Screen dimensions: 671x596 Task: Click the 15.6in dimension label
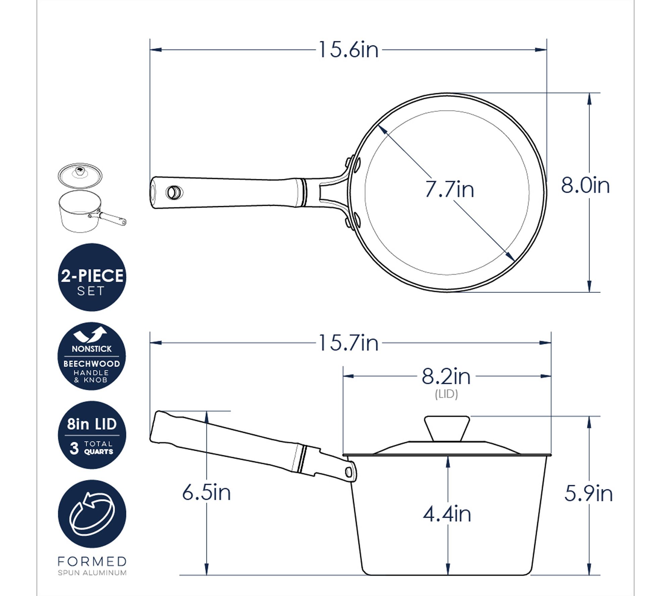click(x=348, y=50)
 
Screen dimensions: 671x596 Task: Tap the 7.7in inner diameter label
click(x=450, y=189)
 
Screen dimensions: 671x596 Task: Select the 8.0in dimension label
click(x=585, y=185)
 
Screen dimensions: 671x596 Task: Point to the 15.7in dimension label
click(x=348, y=343)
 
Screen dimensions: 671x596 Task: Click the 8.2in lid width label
click(x=446, y=376)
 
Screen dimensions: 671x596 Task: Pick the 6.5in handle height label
click(x=206, y=492)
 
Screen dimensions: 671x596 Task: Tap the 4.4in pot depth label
click(x=447, y=514)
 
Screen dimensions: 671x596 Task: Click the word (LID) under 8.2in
click(x=446, y=394)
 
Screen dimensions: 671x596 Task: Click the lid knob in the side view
click(x=447, y=428)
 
